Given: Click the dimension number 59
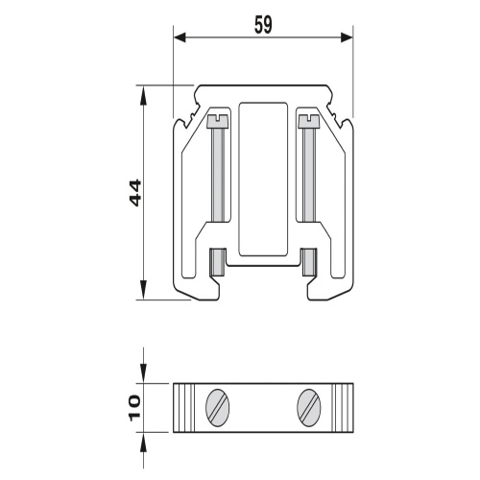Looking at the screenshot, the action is pyautogui.click(x=263, y=25).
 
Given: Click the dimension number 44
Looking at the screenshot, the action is pyautogui.click(x=134, y=193).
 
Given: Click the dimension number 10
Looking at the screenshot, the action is pyautogui.click(x=134, y=407).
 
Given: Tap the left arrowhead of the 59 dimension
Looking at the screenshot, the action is pyautogui.click(x=180, y=37).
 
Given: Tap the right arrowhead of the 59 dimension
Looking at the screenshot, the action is pyautogui.click(x=347, y=37).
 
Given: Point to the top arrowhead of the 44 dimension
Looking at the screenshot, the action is pyautogui.click(x=143, y=95).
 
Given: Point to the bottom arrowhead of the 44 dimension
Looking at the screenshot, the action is pyautogui.click(x=143, y=290).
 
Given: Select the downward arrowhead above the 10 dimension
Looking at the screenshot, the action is pyautogui.click(x=143, y=373).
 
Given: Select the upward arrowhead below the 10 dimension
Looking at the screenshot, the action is pyautogui.click(x=143, y=442).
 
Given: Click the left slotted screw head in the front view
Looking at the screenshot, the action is pyautogui.click(x=218, y=122).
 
